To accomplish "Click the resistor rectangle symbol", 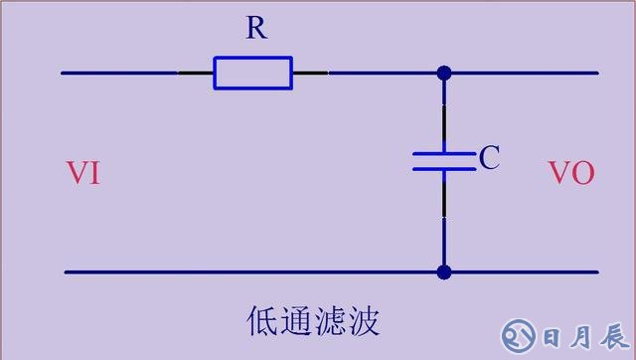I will (252, 73).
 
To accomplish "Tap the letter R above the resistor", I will (256, 29).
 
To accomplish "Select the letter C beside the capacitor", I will (488, 158).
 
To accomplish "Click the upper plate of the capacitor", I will (444, 153).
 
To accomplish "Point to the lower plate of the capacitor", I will (444, 168).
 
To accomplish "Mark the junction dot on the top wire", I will (444, 73).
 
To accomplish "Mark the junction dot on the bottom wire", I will (444, 271).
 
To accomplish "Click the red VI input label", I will (82, 173).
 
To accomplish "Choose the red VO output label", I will (571, 173).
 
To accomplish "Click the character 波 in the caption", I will (364, 321).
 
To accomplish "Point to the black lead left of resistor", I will (196, 73).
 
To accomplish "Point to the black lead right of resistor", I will (310, 73).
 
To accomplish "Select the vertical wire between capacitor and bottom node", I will (444, 219).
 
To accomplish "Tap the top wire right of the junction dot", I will (522, 73).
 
